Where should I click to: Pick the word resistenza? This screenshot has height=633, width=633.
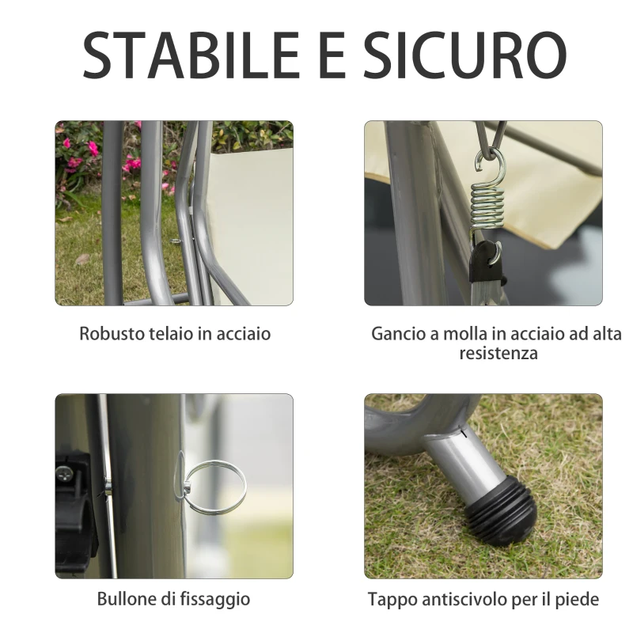[498, 353]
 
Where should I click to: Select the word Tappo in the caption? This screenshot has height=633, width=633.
[391, 598]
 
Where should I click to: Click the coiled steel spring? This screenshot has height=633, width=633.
[487, 208]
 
